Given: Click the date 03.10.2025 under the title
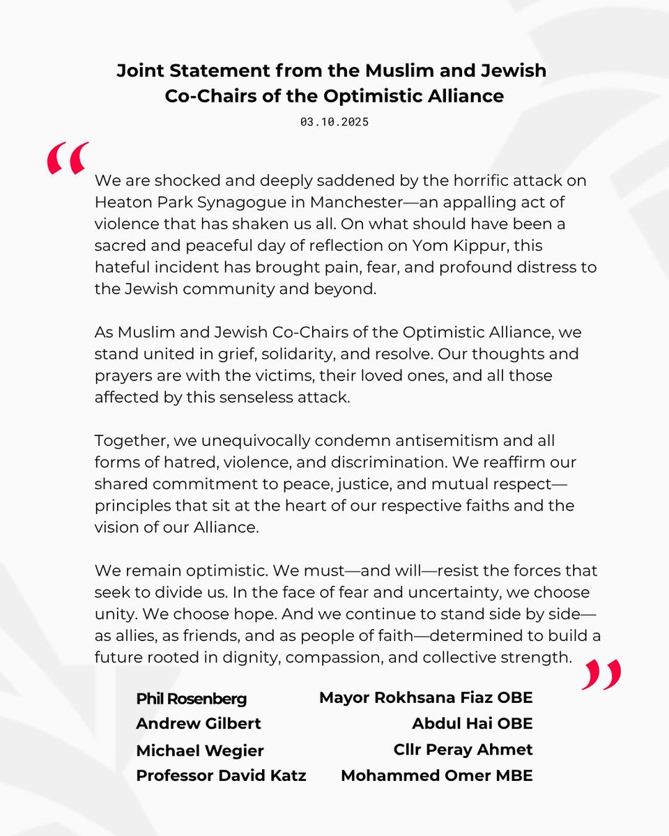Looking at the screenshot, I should click(x=334, y=122).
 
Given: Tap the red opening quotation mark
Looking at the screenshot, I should click(x=68, y=158).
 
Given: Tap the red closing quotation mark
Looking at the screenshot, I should click(x=601, y=674).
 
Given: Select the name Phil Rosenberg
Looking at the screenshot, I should click(x=191, y=699).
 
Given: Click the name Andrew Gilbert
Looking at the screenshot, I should click(x=199, y=724).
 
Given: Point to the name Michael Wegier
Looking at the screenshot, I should click(x=200, y=750).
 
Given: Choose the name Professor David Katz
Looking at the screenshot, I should click(x=221, y=775).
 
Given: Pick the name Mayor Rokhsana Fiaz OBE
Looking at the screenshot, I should click(x=426, y=697).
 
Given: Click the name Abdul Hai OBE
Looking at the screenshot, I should click(x=472, y=724).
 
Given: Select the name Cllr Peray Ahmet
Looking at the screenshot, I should click(x=463, y=750).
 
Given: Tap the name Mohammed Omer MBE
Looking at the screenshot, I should click(x=436, y=775).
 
